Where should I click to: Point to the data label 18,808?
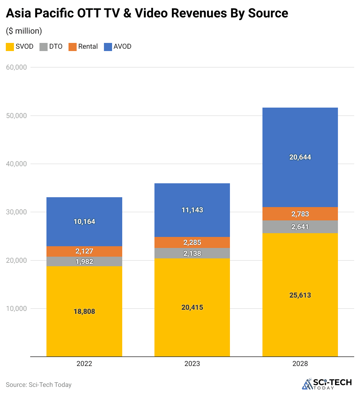84,311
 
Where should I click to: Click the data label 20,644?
300,157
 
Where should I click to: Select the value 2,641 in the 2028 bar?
300,227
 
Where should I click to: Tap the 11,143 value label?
192,210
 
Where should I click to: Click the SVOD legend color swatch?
10,47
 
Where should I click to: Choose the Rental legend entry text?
88,46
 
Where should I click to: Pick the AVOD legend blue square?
108,47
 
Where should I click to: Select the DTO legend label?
56,46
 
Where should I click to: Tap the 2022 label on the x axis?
84,364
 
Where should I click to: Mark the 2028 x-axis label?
300,364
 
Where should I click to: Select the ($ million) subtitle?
24,31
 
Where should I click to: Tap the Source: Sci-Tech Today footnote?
39,385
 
